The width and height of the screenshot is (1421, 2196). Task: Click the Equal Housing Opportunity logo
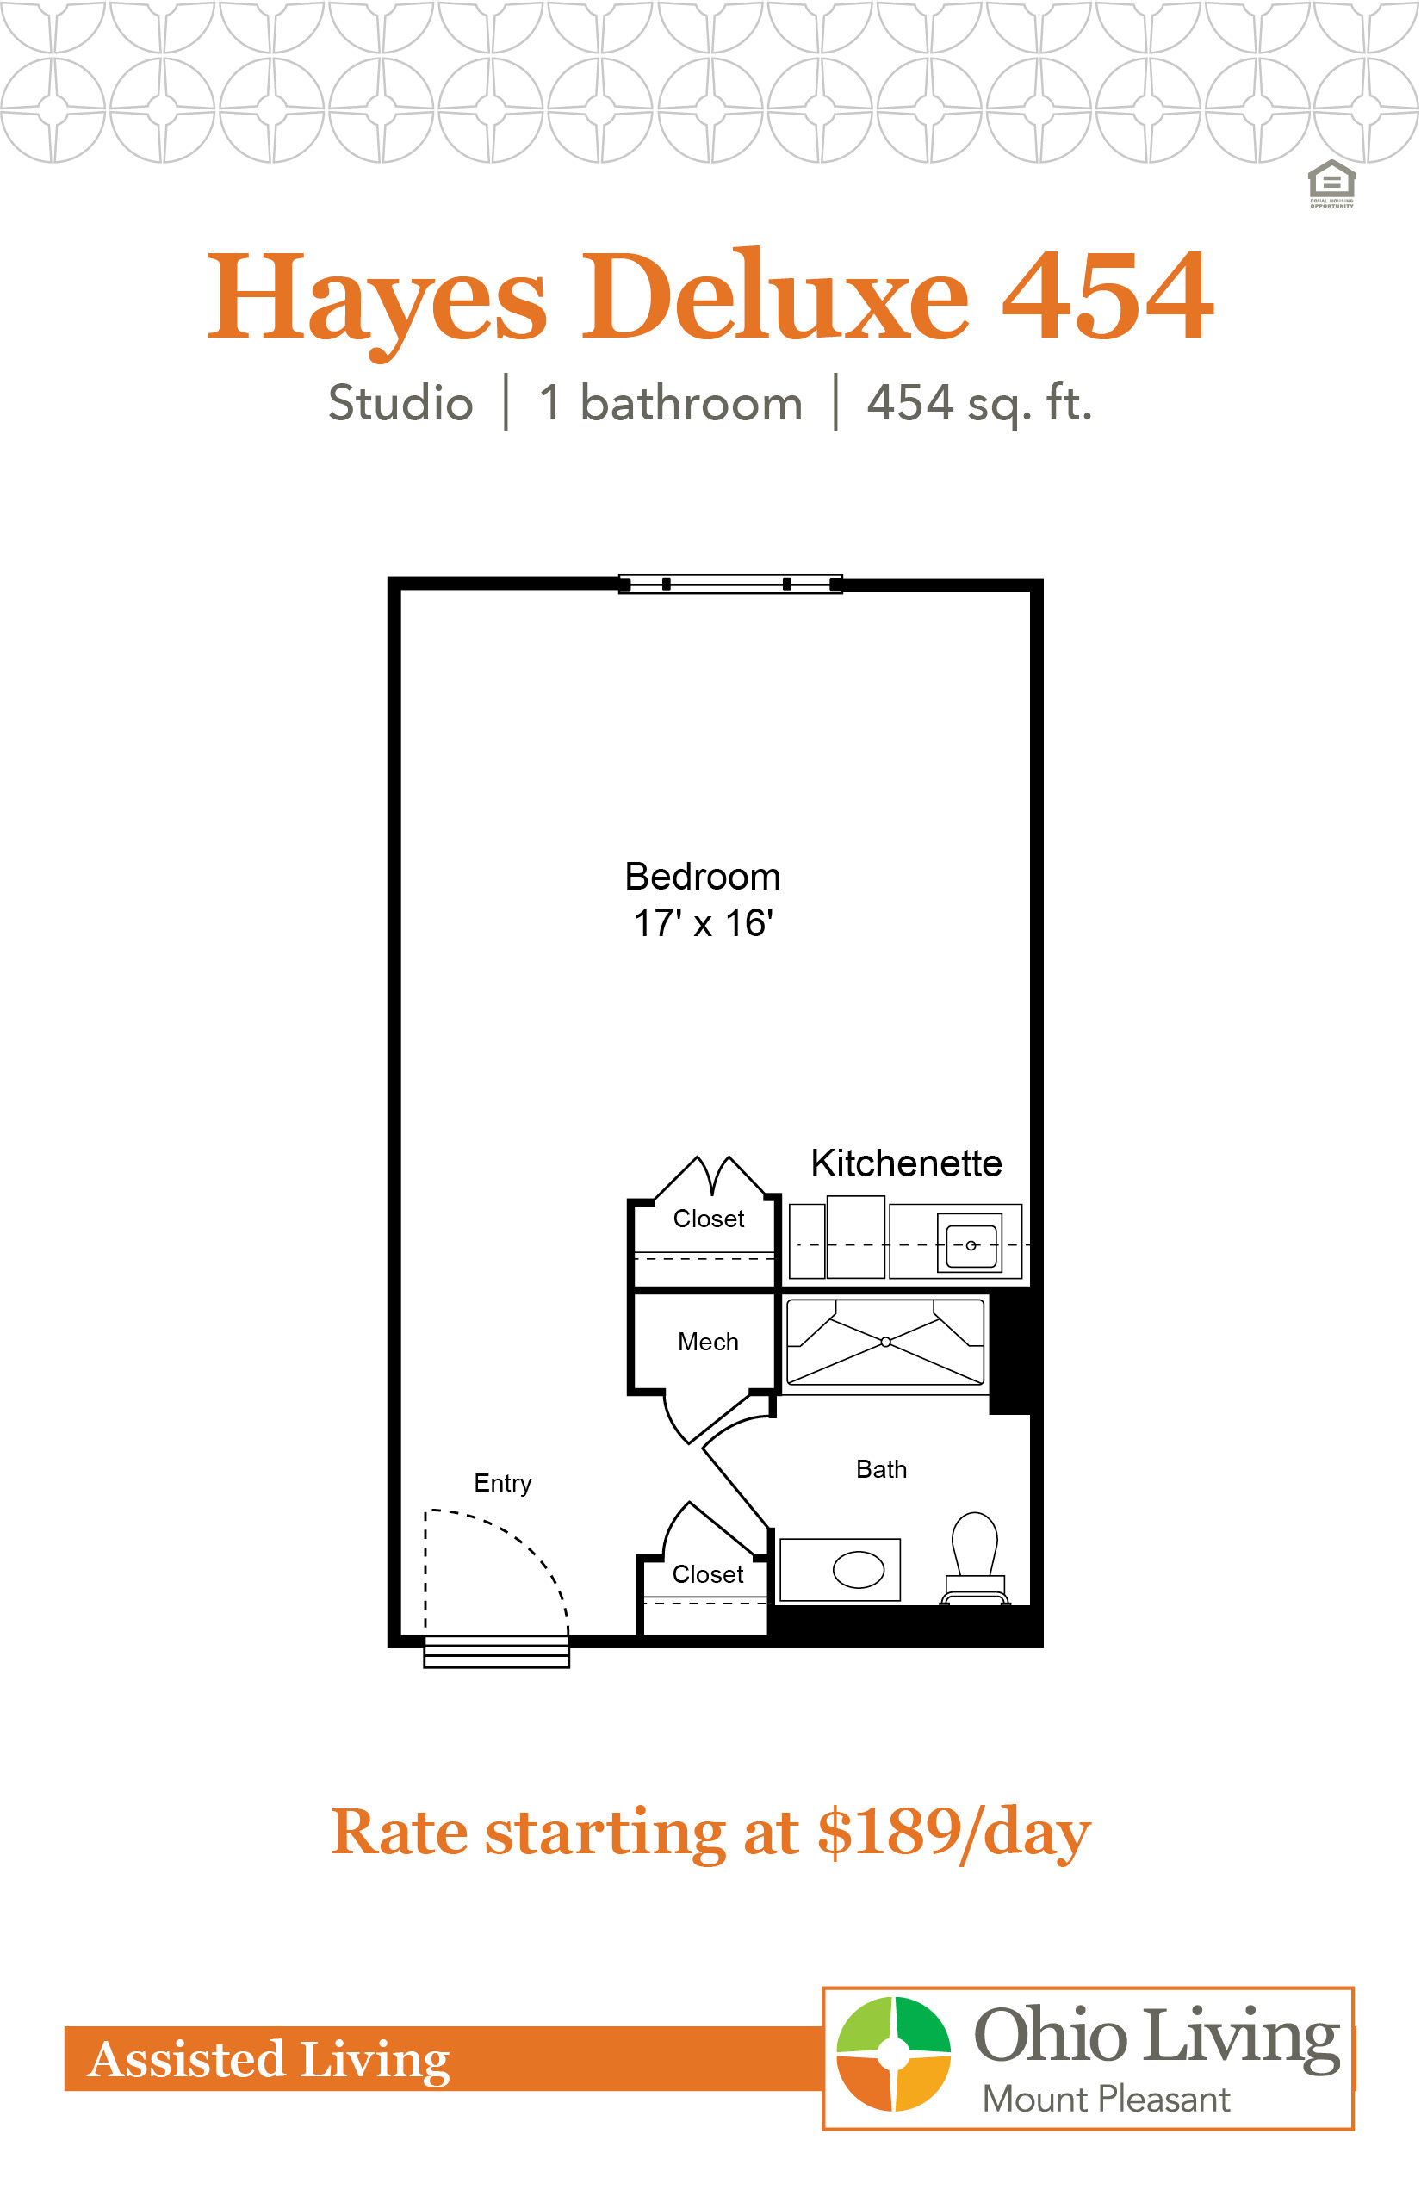(1331, 183)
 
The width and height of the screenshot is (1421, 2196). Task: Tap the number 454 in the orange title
(1108, 297)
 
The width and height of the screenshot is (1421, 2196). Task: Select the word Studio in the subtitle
(400, 403)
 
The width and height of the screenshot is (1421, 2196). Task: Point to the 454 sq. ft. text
(979, 404)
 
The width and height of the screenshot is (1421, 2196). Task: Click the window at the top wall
(730, 583)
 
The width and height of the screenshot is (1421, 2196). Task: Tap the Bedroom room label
(702, 877)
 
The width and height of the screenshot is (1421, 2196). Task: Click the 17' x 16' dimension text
(703, 922)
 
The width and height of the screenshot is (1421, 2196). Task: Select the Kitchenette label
(906, 1163)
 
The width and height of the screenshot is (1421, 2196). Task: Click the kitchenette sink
(970, 1244)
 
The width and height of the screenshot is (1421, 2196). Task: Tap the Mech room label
(708, 1342)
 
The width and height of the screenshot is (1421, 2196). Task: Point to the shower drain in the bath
(886, 1342)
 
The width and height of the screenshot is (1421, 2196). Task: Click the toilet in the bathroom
(974, 1559)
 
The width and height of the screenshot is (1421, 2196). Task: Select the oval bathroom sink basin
(858, 1569)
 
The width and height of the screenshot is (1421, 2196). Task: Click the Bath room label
(881, 1469)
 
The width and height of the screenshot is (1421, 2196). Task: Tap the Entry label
(503, 1484)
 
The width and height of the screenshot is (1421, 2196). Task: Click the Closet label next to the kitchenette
(709, 1219)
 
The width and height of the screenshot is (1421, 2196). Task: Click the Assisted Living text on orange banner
(269, 2059)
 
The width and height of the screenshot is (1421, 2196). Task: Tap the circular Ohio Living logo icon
(893, 2053)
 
